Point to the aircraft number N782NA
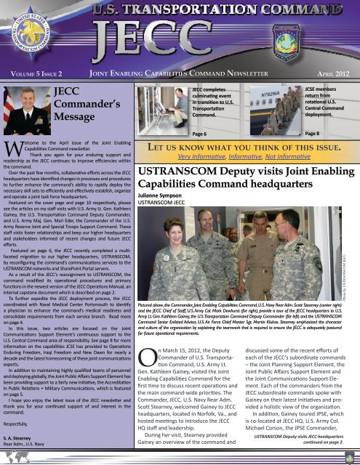259,94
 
